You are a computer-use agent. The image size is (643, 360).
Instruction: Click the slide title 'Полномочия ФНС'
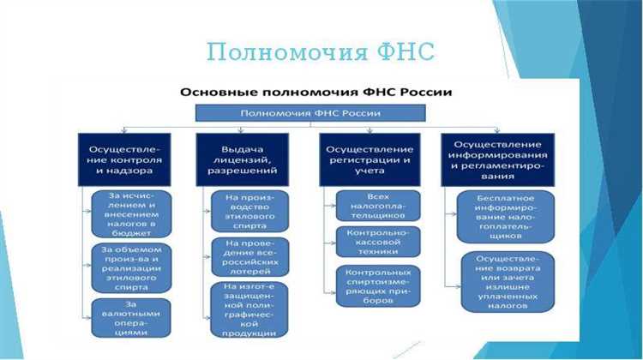pos(321,51)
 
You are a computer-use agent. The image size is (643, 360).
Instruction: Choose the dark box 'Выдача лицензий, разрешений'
pos(249,159)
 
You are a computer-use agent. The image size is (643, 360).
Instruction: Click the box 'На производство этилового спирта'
pos(249,211)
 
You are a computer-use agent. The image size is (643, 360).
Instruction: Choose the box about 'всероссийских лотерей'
pos(249,256)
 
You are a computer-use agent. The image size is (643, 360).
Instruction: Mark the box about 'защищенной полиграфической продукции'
pos(249,309)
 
